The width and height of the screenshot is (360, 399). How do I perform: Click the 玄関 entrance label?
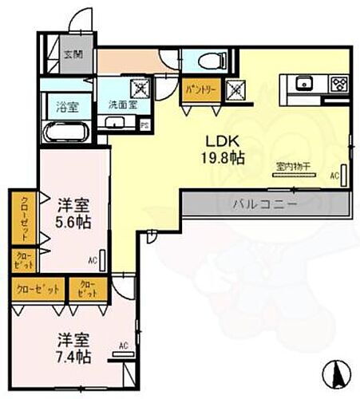click(74, 54)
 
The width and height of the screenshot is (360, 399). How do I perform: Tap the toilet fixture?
click(200, 61)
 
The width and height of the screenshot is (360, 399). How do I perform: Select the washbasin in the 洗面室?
click(115, 122)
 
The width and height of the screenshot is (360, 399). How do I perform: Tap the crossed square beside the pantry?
click(236, 89)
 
